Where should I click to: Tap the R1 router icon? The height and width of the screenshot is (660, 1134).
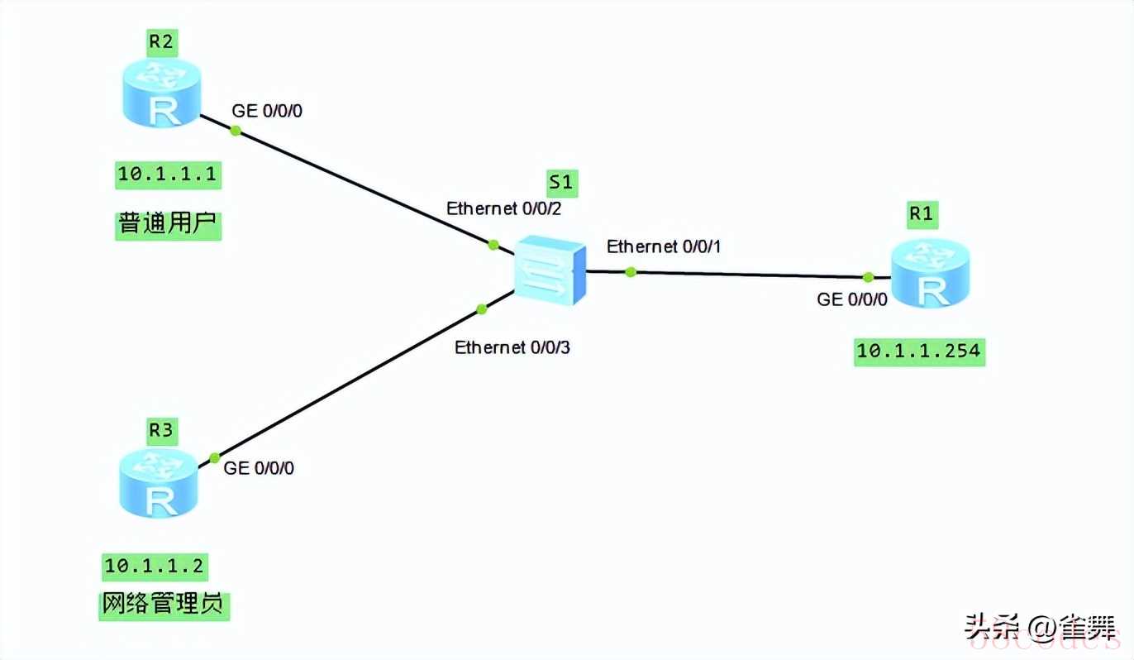pos(931,274)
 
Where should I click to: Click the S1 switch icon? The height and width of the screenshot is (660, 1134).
pos(550,267)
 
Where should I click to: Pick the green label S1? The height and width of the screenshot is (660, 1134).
pos(562,183)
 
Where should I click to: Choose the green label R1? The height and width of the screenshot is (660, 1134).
pos(921,214)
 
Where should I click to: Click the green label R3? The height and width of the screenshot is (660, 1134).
pos(162,429)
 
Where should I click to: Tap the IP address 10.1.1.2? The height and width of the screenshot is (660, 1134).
pos(154,566)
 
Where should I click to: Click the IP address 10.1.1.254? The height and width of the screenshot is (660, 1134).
pos(918,351)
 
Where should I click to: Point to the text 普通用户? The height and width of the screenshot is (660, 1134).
pos(169,224)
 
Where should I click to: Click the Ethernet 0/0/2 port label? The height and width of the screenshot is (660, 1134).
pos(503,208)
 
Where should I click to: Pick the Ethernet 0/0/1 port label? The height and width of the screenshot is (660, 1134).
pos(665,246)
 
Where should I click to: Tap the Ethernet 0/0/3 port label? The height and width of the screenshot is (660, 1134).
pos(512,347)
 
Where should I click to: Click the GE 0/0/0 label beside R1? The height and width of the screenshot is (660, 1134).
pos(852,299)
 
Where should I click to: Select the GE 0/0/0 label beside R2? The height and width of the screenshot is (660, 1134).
pos(267,111)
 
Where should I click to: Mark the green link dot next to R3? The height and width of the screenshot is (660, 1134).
pos(214,457)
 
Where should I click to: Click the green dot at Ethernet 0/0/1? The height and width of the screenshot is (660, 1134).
pos(631,271)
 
